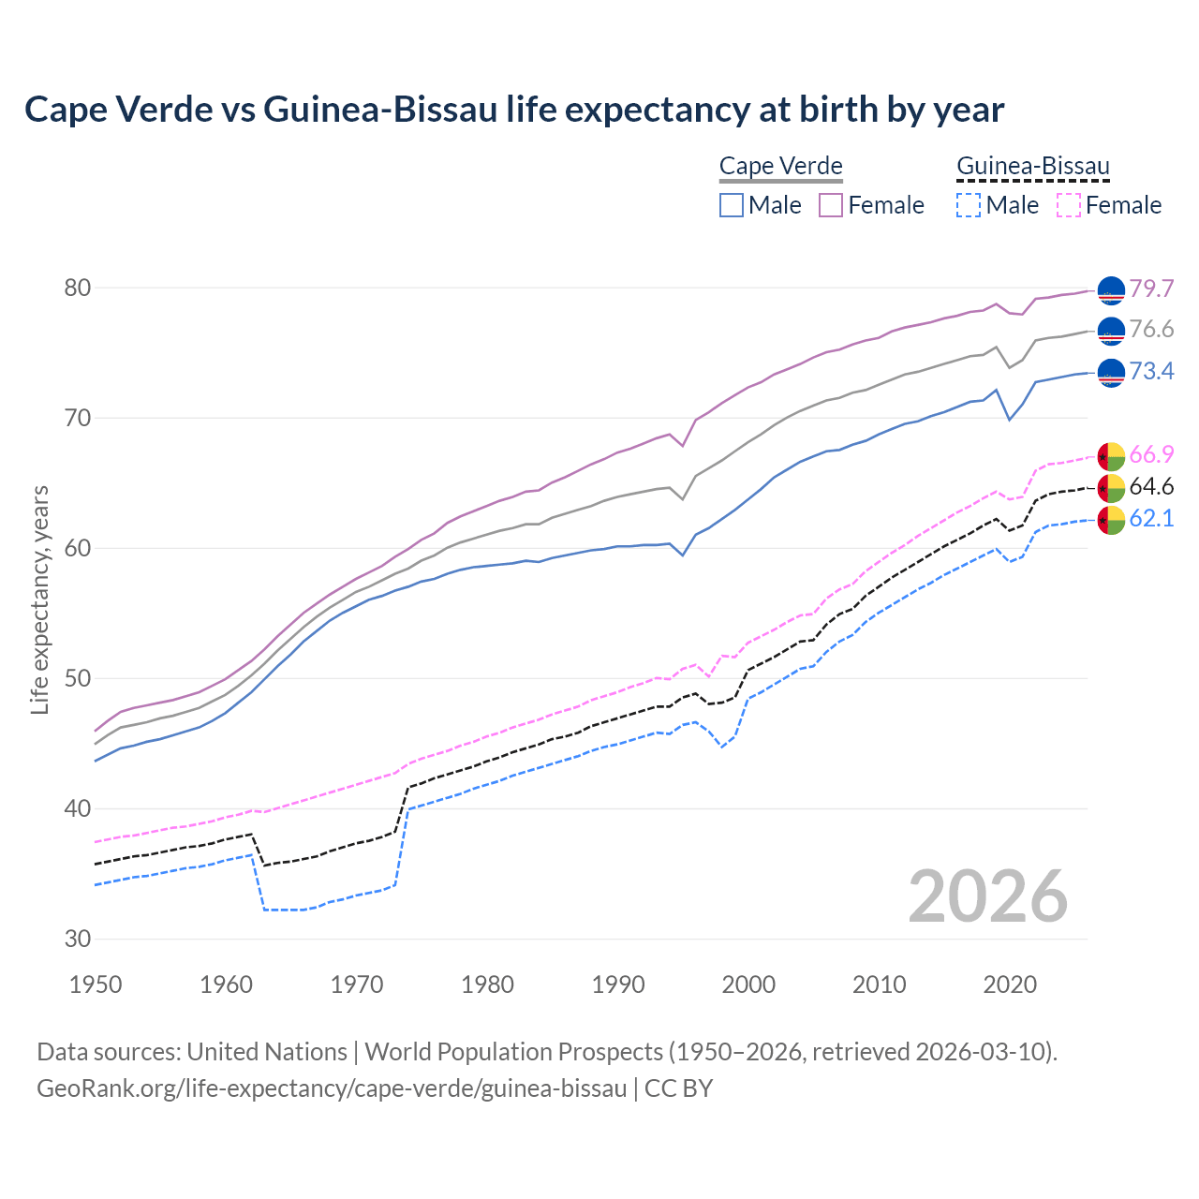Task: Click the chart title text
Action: click(x=514, y=110)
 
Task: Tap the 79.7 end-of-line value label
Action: click(x=1151, y=289)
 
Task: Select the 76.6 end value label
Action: click(x=1151, y=330)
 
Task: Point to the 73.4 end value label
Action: click(x=1151, y=372)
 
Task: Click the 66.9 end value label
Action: click(x=1151, y=455)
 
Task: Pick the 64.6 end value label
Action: click(x=1151, y=486)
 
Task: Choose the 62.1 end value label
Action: click(x=1151, y=518)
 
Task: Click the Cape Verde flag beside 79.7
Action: click(x=1111, y=290)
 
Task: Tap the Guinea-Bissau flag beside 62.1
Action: click(x=1111, y=520)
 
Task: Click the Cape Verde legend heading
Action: click(x=781, y=167)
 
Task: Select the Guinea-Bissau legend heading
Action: click(x=1032, y=167)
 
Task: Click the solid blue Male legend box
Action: click(x=732, y=205)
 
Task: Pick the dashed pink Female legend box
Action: click(x=1069, y=205)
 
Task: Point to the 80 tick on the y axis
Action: click(x=78, y=288)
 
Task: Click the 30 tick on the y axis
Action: click(x=78, y=939)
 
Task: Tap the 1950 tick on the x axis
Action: click(x=96, y=984)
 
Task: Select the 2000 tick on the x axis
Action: click(x=748, y=984)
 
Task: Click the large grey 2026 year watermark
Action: click(x=988, y=897)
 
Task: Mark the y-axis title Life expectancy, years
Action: click(x=40, y=599)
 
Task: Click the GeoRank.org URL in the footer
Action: click(x=332, y=1088)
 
